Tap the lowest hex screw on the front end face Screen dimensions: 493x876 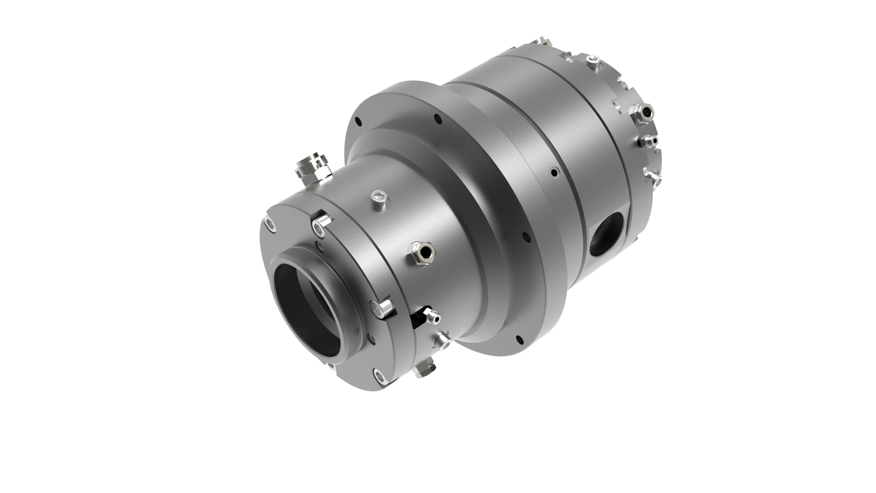[379, 376]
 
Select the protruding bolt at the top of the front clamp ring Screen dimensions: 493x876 [321, 223]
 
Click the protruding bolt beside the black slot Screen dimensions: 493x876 [381, 309]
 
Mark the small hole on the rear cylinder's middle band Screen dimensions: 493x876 [554, 173]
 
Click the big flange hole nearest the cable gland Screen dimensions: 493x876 [358, 122]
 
